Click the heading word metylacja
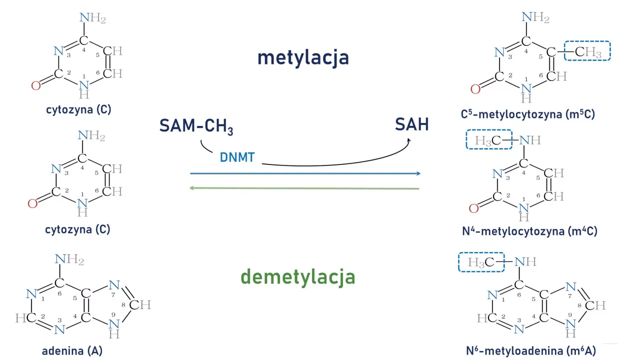[x=303, y=57]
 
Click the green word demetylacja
[x=297, y=276]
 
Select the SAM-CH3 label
[x=196, y=126]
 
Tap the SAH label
[x=412, y=124]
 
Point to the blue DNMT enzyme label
[x=237, y=158]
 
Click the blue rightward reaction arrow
[x=305, y=173]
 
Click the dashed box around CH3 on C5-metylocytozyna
[x=587, y=51]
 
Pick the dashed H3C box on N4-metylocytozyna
[x=489, y=140]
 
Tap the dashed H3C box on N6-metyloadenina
[x=481, y=262]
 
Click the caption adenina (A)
[x=72, y=350]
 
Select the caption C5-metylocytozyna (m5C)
[x=528, y=114]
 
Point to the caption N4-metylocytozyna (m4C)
[x=529, y=231]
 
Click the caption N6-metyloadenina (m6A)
[x=531, y=351]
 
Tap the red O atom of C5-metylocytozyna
[x=475, y=89]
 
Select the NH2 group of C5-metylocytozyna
[x=535, y=17]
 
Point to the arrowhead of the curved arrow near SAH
[x=408, y=141]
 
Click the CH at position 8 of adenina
[x=140, y=304]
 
